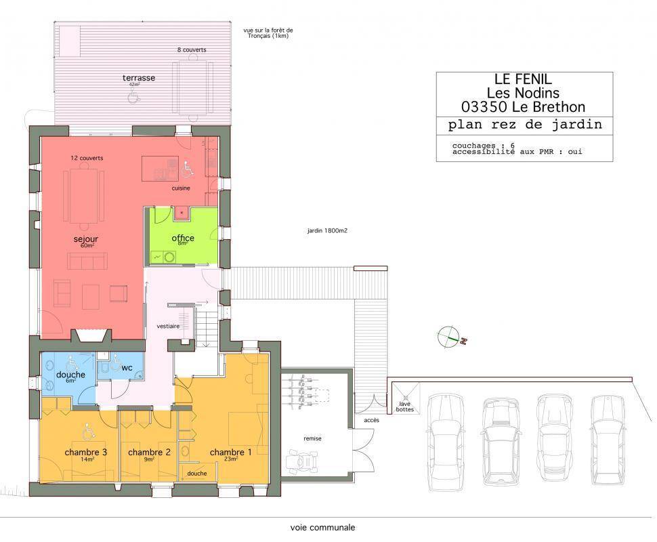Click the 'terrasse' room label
139,78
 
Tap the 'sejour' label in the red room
85,239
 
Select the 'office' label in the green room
183,238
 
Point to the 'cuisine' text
181,188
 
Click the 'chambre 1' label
230,453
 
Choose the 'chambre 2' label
149,453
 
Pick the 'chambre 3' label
86,453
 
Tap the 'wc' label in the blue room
127,368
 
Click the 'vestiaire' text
168,326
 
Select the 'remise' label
312,438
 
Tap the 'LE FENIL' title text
523,79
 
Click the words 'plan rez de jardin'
525,125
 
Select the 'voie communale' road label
322,528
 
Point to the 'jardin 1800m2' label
327,230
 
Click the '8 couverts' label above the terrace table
192,50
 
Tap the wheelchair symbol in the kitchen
188,169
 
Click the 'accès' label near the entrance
371,420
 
